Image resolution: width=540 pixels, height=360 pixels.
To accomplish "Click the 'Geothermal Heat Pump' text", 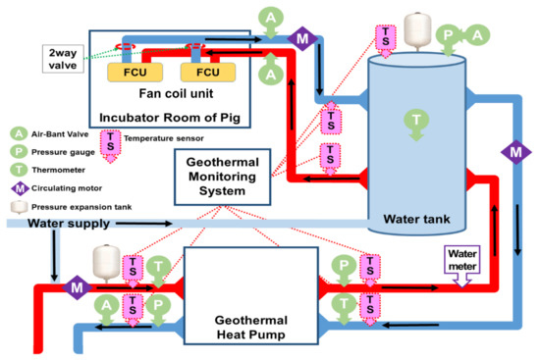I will click(x=251, y=328).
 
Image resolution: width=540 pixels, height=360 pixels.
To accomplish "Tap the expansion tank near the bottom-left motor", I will click(x=106, y=260).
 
